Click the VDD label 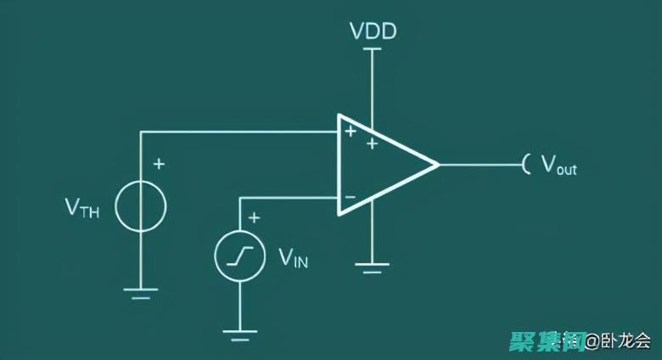(x=373, y=32)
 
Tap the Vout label (x=558, y=165)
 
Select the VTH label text (x=81, y=208)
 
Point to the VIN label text (x=293, y=258)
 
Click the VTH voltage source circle (x=141, y=206)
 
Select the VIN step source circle (x=240, y=256)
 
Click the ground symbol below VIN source (x=240, y=334)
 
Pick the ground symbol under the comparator (x=371, y=268)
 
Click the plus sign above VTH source (x=159, y=163)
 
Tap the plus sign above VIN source (x=254, y=218)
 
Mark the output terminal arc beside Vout (x=527, y=164)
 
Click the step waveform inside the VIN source (x=240, y=256)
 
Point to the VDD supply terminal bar (x=372, y=49)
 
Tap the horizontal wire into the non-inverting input (x=238, y=132)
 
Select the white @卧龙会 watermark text (x=618, y=341)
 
